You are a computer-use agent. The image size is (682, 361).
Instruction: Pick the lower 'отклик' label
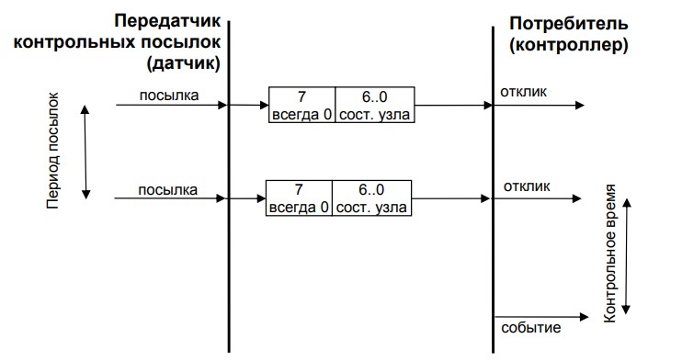pos(527,186)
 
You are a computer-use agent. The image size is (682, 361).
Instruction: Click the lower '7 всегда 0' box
pos(298,197)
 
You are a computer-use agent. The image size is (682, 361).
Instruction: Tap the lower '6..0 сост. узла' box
pos(371,197)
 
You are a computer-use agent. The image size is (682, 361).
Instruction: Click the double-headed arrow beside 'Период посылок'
pos(85,151)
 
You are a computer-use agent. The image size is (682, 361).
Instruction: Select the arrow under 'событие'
pos(538,339)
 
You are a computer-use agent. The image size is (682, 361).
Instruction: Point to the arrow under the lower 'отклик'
pos(538,197)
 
